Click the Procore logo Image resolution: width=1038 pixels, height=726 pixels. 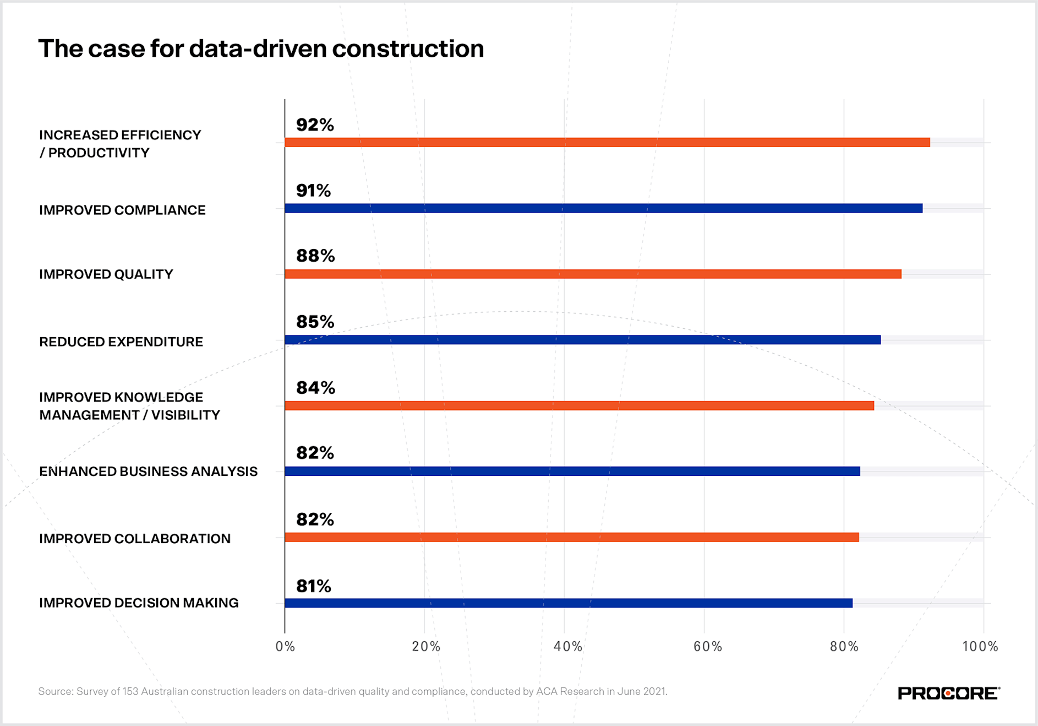(948, 693)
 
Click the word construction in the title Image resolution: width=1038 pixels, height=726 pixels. (408, 48)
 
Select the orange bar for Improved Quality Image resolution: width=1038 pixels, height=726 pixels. (593, 274)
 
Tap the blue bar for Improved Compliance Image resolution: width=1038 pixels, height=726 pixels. (603, 208)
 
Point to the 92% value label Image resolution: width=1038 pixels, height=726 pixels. (315, 125)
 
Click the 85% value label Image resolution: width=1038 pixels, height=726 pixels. (315, 322)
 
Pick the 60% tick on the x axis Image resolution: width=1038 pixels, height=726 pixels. (707, 646)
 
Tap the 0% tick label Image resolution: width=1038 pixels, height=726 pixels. (285, 646)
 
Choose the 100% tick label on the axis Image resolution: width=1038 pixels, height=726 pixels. (980, 646)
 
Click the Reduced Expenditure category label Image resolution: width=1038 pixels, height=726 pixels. (121, 342)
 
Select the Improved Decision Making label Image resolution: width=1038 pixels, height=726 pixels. (139, 603)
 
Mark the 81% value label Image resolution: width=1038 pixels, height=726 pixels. (314, 586)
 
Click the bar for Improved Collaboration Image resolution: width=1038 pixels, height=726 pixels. (571, 537)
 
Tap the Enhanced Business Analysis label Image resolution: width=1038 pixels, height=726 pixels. (148, 472)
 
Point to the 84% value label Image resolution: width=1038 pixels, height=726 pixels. (315, 388)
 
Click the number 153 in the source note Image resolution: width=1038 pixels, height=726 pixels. (130, 691)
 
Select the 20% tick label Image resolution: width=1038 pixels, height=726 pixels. (426, 646)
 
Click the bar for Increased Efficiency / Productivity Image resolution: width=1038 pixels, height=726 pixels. (607, 142)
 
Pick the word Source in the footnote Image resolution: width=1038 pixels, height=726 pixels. (54, 691)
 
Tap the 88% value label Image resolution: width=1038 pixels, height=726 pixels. (315, 256)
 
